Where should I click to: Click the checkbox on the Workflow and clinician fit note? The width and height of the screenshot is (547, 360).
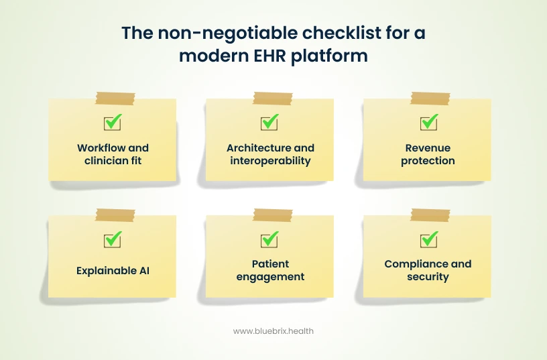pyautogui.click(x=112, y=123)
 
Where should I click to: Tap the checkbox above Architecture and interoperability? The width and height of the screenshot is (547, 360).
pyautogui.click(x=269, y=123)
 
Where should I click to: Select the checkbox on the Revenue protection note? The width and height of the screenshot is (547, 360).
pyautogui.click(x=428, y=123)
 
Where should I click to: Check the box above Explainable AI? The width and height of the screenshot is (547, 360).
pyautogui.click(x=112, y=239)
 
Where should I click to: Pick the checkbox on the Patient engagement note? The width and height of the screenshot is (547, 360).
pyautogui.click(x=269, y=239)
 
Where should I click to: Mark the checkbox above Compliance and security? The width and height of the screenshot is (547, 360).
pyautogui.click(x=428, y=239)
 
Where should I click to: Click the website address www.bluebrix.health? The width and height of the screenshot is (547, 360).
pyautogui.click(x=273, y=331)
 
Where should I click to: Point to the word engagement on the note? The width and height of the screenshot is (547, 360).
pyautogui.click(x=270, y=277)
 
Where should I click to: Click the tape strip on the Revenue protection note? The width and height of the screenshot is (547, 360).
pyautogui.click(x=430, y=99)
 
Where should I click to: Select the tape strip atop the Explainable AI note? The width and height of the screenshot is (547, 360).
pyautogui.click(x=115, y=215)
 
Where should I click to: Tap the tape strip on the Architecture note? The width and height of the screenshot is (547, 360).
pyautogui.click(x=272, y=99)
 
